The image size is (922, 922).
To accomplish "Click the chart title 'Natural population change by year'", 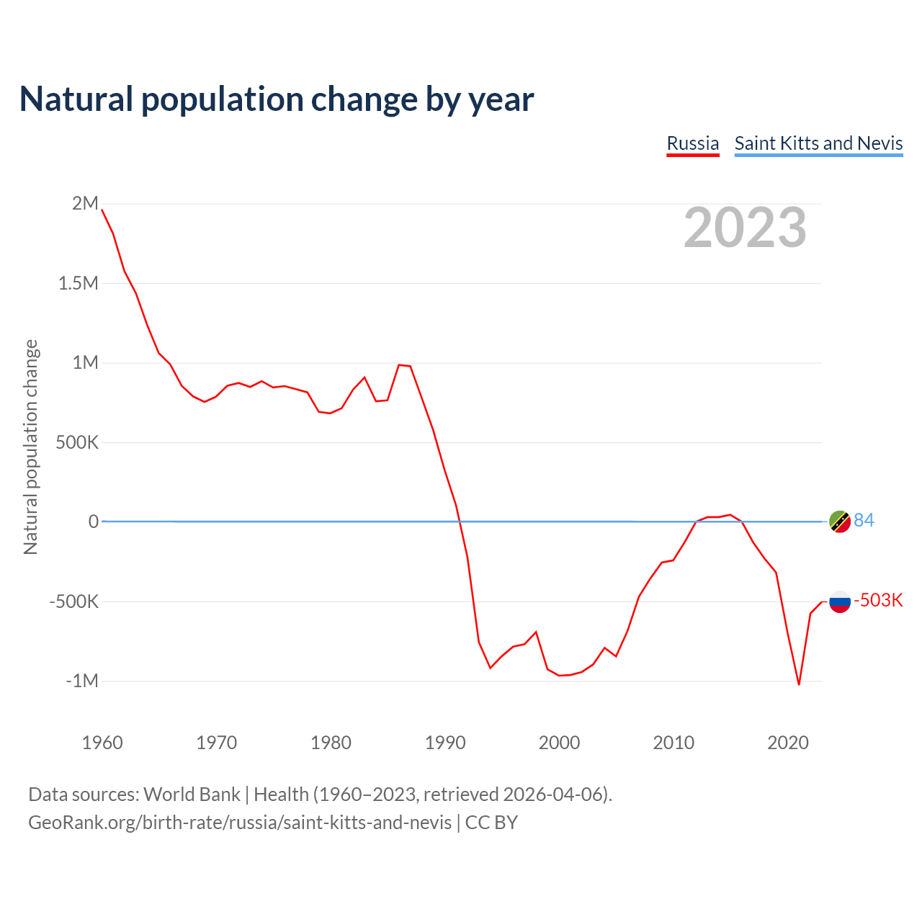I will [277, 99].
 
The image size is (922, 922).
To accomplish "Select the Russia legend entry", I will [692, 143].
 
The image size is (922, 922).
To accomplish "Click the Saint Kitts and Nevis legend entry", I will [818, 143].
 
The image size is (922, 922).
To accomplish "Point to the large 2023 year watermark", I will [745, 228].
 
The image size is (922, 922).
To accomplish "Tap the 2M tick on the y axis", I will [85, 204].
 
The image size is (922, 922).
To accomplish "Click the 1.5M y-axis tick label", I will [78, 283].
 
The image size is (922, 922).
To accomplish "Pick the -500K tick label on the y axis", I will [73, 601].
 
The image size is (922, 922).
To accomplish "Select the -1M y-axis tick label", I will [81, 681].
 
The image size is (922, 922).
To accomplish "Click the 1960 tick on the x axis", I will [102, 743].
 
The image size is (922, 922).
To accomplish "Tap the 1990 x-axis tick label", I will [445, 743].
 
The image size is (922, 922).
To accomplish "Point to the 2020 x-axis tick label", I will [788, 743].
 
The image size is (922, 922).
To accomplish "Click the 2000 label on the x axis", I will [559, 743].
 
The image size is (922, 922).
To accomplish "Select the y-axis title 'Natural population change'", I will [31, 447].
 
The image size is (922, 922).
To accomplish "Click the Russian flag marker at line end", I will [840, 601].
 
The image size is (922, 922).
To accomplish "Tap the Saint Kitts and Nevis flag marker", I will [840, 521].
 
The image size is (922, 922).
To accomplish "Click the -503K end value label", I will [878, 601].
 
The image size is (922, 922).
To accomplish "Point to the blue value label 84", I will [864, 520].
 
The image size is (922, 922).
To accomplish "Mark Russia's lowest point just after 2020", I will [799, 684].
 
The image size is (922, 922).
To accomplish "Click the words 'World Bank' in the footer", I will [192, 795].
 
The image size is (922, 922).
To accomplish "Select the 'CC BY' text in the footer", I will [491, 823].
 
